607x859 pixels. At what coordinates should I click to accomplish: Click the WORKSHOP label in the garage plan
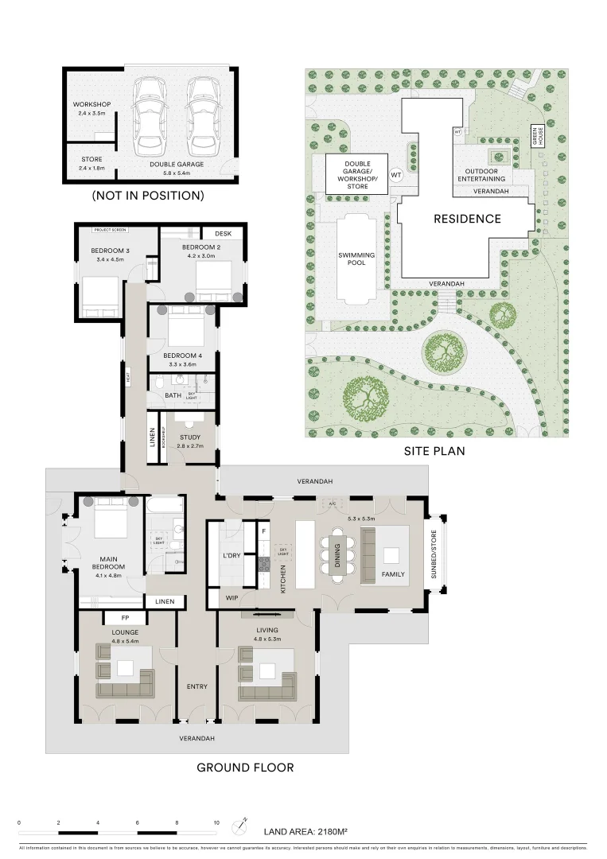pyautogui.click(x=91, y=105)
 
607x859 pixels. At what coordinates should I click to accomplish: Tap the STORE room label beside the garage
pyautogui.click(x=91, y=159)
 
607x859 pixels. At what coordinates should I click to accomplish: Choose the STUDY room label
pyautogui.click(x=190, y=437)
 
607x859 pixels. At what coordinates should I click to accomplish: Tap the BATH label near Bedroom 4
pyautogui.click(x=173, y=395)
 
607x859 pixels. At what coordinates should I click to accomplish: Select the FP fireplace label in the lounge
pyautogui.click(x=125, y=617)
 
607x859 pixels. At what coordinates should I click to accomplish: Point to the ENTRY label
pyautogui.click(x=196, y=686)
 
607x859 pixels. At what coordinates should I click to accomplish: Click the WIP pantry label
pyautogui.click(x=232, y=597)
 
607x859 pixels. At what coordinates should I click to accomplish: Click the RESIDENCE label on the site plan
pyautogui.click(x=467, y=219)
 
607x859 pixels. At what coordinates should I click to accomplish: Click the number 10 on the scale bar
pyautogui.click(x=216, y=823)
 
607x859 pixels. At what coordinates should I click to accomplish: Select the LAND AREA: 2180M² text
pyautogui.click(x=306, y=832)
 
